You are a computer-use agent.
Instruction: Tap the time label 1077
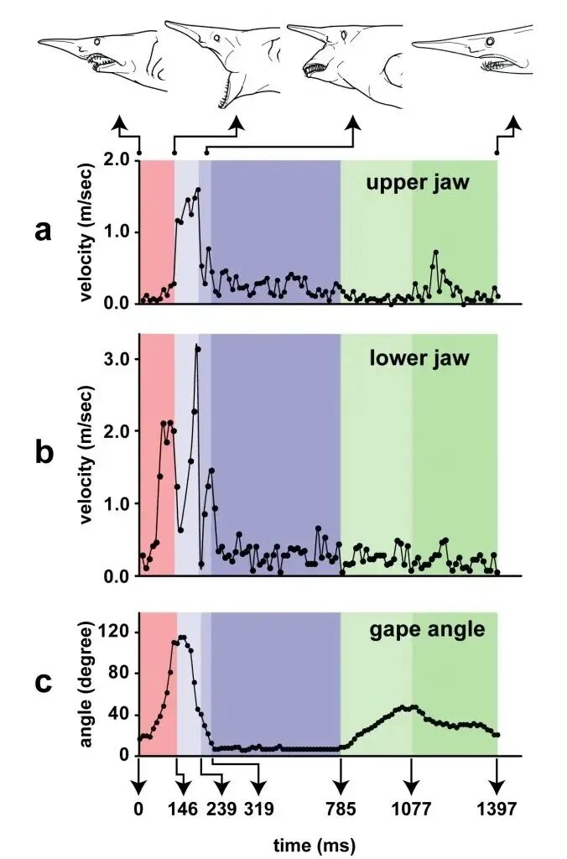[412, 808]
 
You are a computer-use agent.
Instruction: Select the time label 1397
[497, 808]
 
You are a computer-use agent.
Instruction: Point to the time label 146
[182, 808]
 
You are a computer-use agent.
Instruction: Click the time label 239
[221, 808]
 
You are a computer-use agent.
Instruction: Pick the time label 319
[259, 808]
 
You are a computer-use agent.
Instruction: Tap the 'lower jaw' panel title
[419, 358]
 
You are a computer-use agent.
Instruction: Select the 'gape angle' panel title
[427, 630]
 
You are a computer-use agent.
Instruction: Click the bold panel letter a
[43, 232]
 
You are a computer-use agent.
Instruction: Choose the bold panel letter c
[44, 683]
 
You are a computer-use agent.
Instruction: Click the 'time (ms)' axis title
[315, 845]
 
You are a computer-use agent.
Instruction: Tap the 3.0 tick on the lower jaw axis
[117, 359]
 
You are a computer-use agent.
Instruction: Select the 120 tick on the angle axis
[115, 632]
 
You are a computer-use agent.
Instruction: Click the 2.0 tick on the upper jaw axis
[117, 160]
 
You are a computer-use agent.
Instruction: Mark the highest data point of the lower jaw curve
[198, 349]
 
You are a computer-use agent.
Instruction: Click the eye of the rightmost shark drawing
[491, 42]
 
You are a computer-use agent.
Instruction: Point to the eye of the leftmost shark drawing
[97, 41]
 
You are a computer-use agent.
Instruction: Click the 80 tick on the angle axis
[120, 674]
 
